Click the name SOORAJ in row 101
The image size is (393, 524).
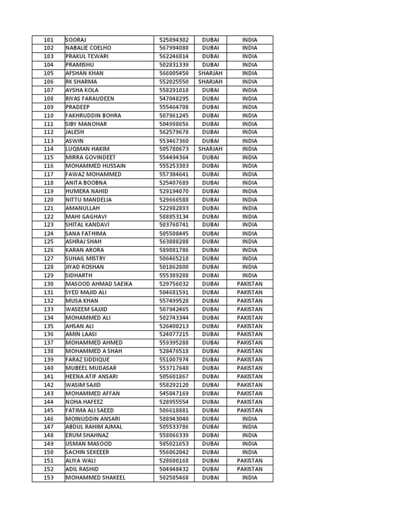[76, 40]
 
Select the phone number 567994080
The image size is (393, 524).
[174, 48]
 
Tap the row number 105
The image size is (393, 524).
[49, 73]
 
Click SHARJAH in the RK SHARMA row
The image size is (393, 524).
[210, 82]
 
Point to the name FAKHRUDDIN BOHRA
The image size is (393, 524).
[94, 116]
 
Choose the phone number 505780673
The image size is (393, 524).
[174, 149]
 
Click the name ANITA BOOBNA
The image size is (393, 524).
[86, 183]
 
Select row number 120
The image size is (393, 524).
[49, 200]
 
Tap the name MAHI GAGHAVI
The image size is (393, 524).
[86, 216]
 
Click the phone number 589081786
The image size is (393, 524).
[174, 250]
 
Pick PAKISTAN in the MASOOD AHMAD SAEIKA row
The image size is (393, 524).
[250, 284]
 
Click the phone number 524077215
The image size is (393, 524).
[174, 334]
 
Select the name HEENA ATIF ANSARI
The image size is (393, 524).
[92, 377]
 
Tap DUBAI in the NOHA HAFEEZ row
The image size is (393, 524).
[210, 402]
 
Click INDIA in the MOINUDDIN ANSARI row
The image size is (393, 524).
[250, 419]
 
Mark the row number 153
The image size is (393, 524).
[49, 477]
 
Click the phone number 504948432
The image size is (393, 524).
[174, 469]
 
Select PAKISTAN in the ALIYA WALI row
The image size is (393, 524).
[250, 461]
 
